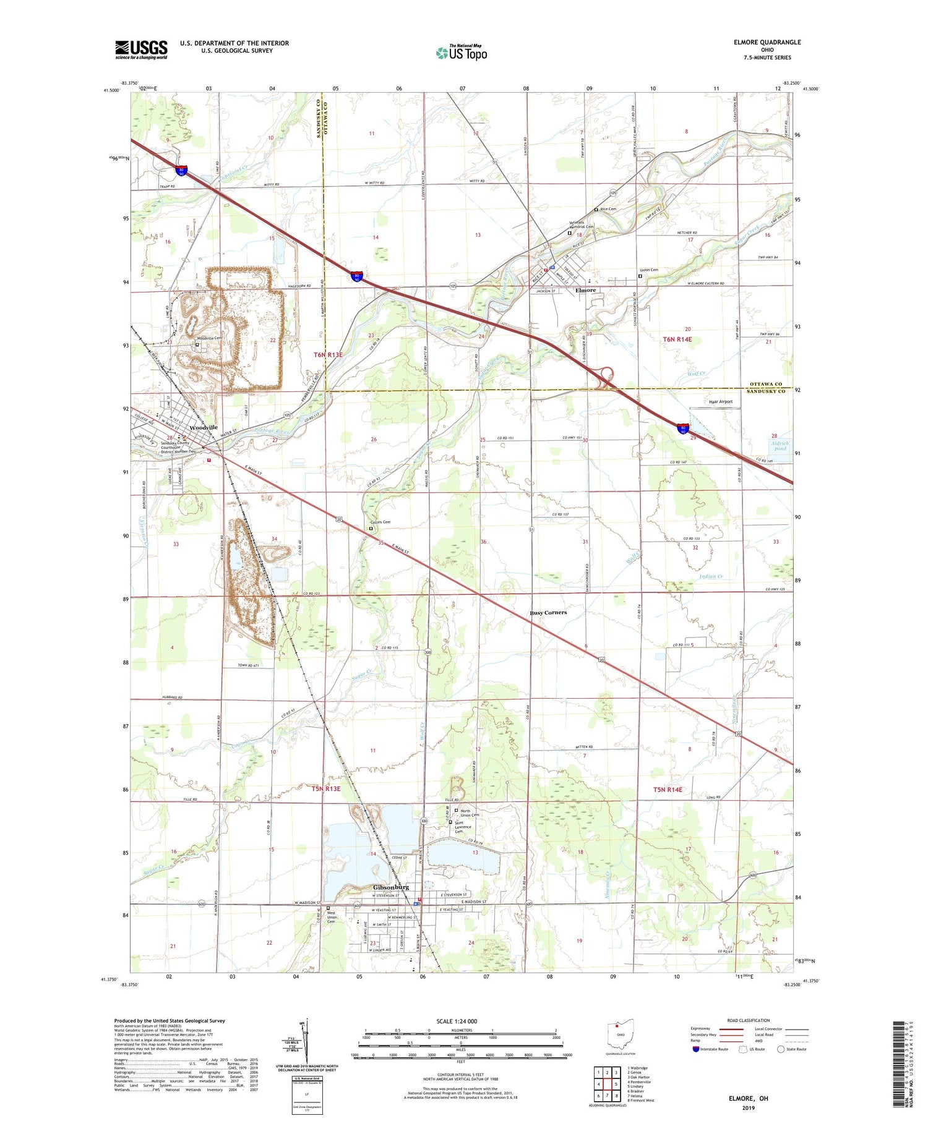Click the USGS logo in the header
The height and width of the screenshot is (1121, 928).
click(x=141, y=49)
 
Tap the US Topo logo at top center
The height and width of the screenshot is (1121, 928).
click(x=461, y=53)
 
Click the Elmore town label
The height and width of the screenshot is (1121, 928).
click(x=585, y=290)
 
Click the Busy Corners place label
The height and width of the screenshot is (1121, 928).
click(x=548, y=612)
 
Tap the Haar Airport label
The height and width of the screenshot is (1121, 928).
click(x=720, y=401)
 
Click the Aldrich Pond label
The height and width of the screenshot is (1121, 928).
click(x=780, y=446)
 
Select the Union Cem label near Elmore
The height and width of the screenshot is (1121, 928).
click(x=649, y=270)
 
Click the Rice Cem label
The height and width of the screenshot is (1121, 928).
click(x=608, y=209)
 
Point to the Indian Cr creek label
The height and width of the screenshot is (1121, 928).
click(x=711, y=576)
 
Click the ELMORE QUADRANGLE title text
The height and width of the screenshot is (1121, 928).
click(x=765, y=42)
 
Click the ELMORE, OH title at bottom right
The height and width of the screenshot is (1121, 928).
click(x=748, y=1098)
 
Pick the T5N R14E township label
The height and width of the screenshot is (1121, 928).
click(x=668, y=790)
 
